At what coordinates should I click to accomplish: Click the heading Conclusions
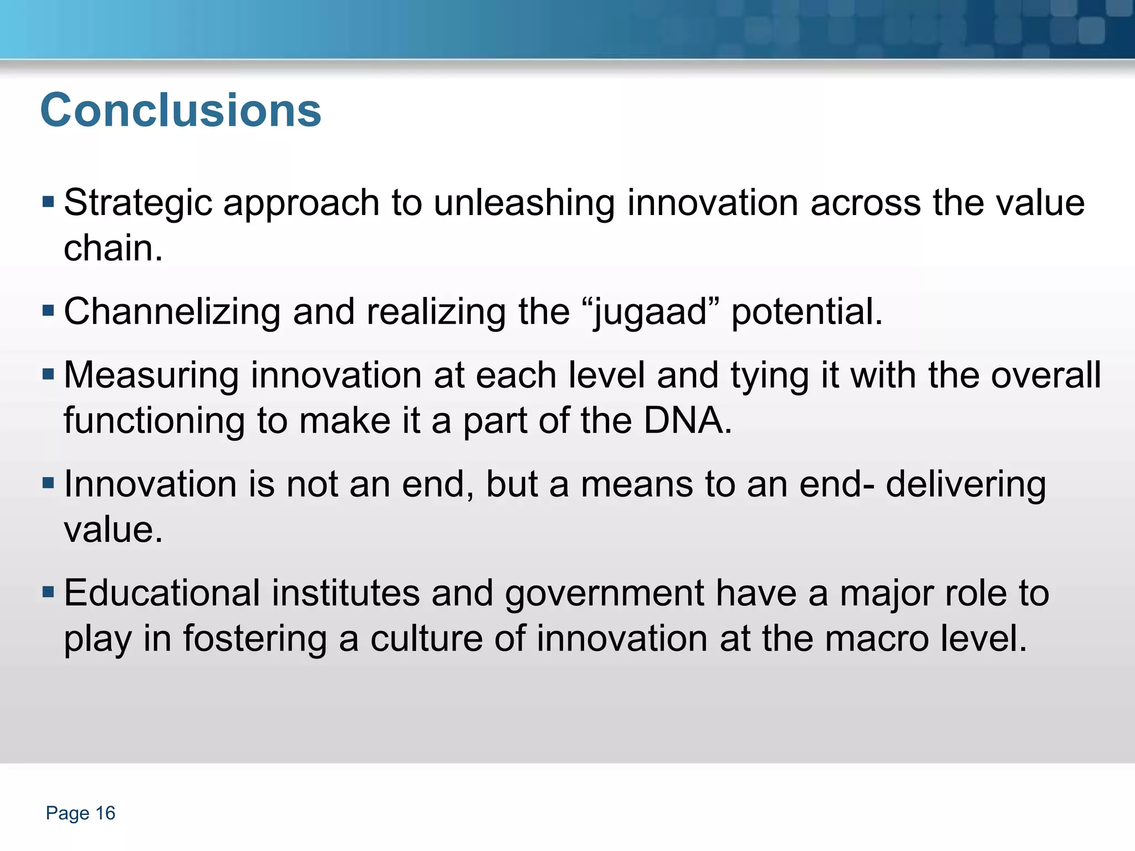(181, 110)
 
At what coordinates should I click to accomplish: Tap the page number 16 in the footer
(105, 813)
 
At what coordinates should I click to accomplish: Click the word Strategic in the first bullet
(138, 203)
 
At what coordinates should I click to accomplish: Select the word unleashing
(524, 203)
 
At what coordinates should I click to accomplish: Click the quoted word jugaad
(651, 312)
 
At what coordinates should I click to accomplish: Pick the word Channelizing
(172, 312)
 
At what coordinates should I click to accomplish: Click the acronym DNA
(687, 421)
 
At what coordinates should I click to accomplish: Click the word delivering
(966, 485)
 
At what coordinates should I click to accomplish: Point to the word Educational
(162, 593)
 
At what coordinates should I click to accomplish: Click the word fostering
(255, 639)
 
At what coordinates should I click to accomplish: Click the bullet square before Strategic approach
(48, 201)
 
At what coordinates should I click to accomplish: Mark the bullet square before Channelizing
(48, 310)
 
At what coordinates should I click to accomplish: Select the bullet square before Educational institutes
(48, 592)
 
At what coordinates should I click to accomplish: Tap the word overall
(1046, 376)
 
